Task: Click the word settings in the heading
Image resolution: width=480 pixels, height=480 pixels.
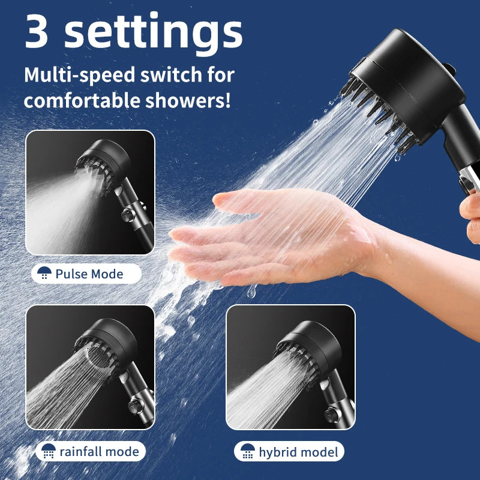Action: [x=153, y=33]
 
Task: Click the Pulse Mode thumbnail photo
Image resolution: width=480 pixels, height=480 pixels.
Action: [x=90, y=192]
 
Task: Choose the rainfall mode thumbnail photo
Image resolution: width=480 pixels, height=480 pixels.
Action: [x=90, y=367]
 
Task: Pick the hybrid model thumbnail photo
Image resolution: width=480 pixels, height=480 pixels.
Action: [x=290, y=367]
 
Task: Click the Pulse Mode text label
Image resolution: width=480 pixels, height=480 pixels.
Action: [x=89, y=274]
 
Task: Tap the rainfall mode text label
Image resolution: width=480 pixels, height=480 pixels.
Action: [x=99, y=451]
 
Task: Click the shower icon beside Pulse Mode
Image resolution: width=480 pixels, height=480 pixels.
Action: [x=44, y=274]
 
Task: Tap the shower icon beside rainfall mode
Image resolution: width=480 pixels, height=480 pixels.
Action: [x=48, y=451]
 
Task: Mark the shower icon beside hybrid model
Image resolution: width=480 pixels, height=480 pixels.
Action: [x=247, y=452]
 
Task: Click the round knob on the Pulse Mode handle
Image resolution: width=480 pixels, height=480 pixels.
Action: [x=127, y=214]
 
